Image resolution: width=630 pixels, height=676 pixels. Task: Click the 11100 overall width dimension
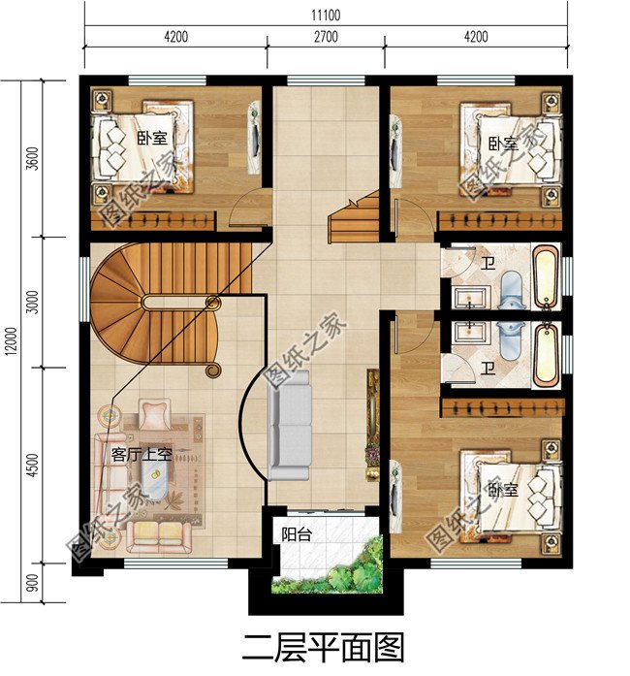[x=326, y=16]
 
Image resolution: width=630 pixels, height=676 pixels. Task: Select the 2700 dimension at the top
[x=326, y=37]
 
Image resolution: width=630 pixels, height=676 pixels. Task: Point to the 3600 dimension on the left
[x=33, y=159]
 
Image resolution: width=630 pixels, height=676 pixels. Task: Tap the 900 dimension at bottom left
[x=33, y=583]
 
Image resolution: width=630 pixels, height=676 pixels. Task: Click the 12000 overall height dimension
[x=12, y=341]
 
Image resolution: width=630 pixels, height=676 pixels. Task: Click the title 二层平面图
[x=323, y=648]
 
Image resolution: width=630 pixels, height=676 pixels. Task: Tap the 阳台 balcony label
[x=296, y=534]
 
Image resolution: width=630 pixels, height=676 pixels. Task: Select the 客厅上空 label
[x=142, y=455]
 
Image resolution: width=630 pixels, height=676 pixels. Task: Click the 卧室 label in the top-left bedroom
[x=151, y=139]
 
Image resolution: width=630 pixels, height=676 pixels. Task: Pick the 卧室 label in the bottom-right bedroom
[x=503, y=490]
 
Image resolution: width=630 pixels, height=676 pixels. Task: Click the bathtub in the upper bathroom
[x=546, y=275]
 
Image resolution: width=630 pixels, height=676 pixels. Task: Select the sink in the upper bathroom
[x=470, y=298]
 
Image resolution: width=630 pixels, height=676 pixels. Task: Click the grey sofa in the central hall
[x=290, y=425]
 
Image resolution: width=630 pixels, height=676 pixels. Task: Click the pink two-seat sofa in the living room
[x=159, y=537]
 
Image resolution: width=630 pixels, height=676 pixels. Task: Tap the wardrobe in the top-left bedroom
[x=158, y=221]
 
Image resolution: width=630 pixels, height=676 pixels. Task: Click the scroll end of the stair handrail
[x=213, y=370]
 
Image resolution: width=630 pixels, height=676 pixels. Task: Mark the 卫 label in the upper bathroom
[x=488, y=264]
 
